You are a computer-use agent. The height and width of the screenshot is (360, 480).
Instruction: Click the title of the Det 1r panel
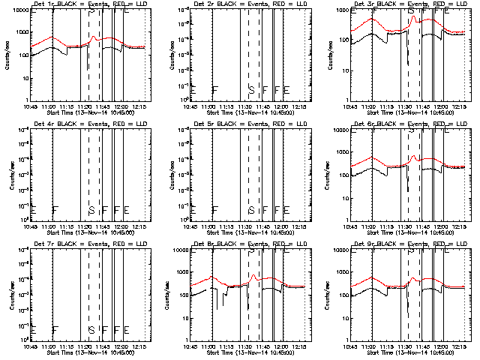pos(88,4)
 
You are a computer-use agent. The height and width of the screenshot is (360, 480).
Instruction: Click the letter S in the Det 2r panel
pos(251,90)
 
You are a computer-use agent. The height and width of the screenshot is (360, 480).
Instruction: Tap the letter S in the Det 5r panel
pos(251,210)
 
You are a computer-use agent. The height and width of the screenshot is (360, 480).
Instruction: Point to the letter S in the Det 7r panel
pos(91,330)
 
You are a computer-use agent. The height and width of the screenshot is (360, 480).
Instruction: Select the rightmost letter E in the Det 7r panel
pos(127,330)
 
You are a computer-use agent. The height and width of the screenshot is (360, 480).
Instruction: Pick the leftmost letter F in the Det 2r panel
pos(215,90)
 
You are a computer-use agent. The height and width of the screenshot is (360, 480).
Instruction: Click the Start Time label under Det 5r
pos(247,233)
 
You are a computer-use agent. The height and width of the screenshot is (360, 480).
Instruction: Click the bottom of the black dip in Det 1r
pos(88,70)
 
